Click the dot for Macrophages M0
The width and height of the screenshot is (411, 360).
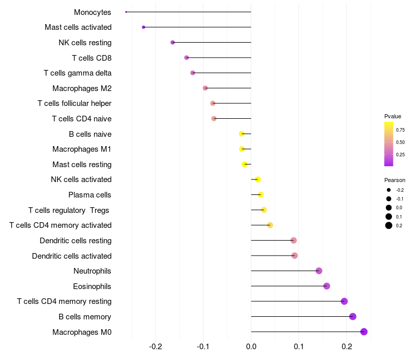[364, 332]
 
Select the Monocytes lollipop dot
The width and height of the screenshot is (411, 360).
[126, 12]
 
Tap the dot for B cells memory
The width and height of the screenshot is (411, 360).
[352, 316]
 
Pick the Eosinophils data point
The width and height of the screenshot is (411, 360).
[327, 286]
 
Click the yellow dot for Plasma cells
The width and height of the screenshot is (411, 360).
[261, 195]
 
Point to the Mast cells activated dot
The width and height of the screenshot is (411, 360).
[143, 27]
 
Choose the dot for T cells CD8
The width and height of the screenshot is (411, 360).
[186, 58]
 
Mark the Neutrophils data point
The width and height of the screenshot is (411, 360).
[319, 271]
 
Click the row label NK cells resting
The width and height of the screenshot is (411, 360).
[85, 43]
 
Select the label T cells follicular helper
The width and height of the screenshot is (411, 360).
[74, 103]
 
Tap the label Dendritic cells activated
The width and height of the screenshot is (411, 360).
[71, 256]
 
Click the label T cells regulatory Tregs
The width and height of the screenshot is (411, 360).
[69, 210]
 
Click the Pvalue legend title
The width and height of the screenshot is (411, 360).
[393, 116]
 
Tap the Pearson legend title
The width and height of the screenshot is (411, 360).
[395, 180]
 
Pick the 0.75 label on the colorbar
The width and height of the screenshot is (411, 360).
[400, 130]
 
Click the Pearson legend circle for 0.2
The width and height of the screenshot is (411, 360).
[389, 225]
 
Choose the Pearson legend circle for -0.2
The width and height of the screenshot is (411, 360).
[389, 190]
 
